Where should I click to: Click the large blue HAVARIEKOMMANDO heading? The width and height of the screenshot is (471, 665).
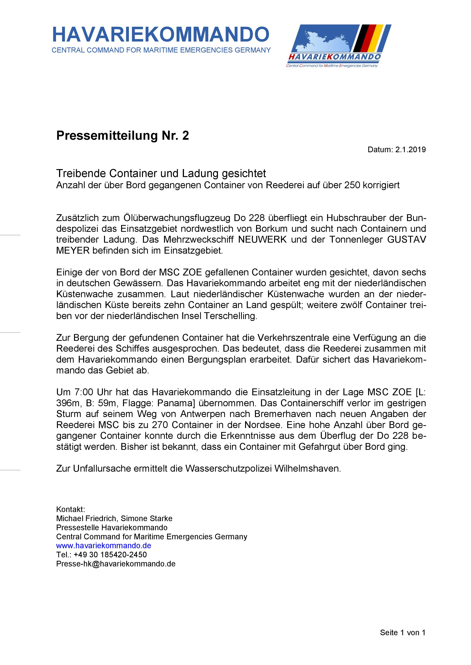[161, 35]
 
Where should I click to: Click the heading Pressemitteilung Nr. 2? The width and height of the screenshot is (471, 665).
[122, 136]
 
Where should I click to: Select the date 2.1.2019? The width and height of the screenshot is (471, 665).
[410, 150]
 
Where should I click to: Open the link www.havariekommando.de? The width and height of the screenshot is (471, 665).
[103, 546]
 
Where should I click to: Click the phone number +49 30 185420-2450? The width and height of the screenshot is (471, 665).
[110, 555]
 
